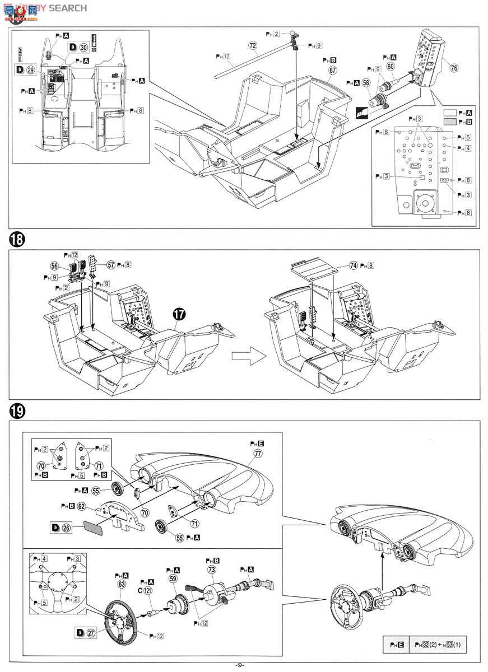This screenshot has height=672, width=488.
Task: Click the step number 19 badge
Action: pos(17,411)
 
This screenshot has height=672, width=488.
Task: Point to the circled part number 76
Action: pos(453,67)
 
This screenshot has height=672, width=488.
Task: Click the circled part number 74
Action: pos(353,265)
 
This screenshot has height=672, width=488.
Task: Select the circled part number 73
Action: pos(212,570)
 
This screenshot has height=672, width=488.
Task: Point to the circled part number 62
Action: pos(82,506)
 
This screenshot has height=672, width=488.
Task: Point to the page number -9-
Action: pos(240,665)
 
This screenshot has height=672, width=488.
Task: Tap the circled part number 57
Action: pos(111,264)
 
